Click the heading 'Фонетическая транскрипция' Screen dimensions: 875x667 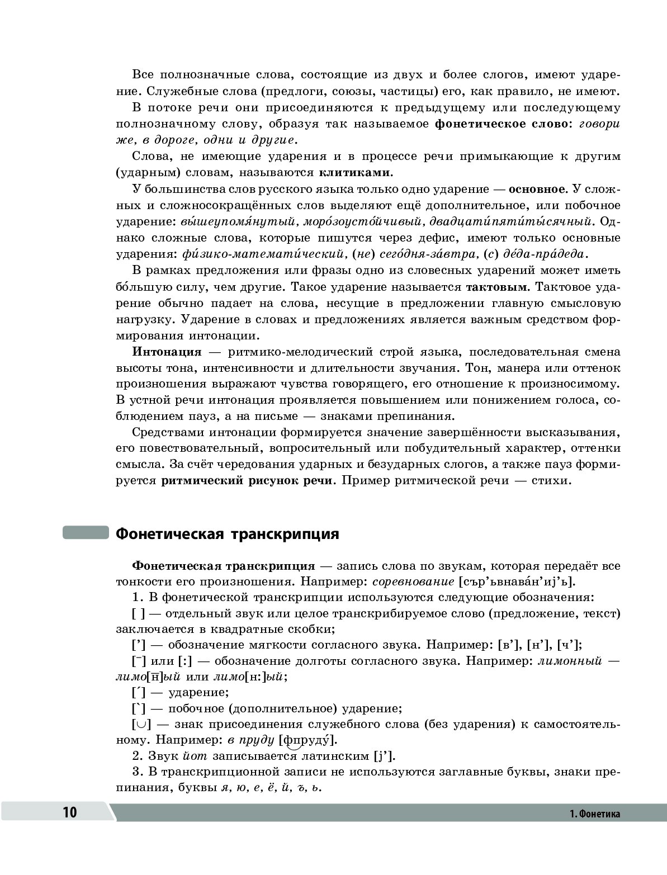pos(227,533)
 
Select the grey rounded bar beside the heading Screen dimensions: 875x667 pos(85,532)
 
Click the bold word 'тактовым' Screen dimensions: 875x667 pos(496,287)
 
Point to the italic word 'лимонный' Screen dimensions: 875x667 pos(570,661)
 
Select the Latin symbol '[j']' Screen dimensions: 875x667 pos(384,756)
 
